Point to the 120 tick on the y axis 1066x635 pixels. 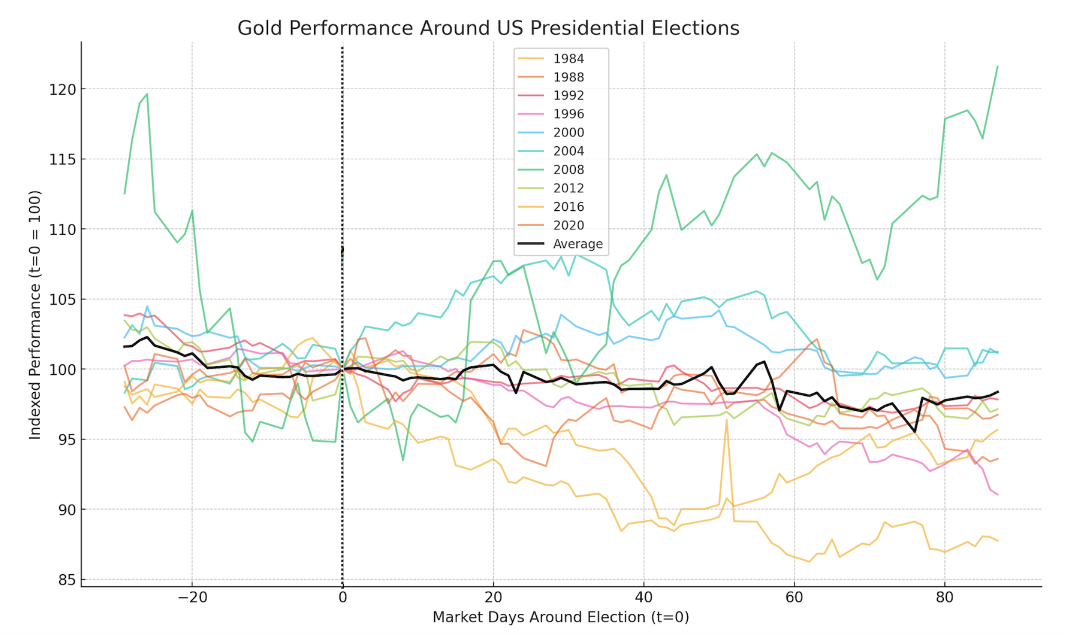tap(62, 90)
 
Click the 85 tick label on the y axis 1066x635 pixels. tap(66, 580)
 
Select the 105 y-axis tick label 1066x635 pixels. tap(62, 300)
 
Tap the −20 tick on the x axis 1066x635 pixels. tap(192, 598)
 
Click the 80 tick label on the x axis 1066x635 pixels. tap(944, 598)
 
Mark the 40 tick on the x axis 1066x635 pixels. tap(643, 598)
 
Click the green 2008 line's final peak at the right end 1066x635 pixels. tap(998, 66)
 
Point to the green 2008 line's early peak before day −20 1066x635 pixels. tap(147, 94)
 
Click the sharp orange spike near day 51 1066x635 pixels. tap(726, 420)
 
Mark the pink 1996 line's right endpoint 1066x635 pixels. tap(998, 495)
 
